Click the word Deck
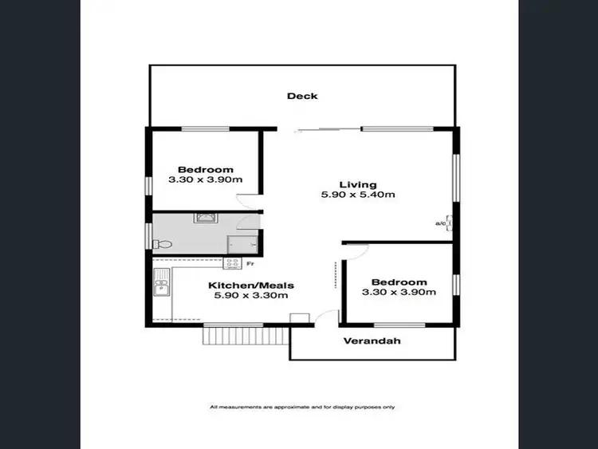point(302,96)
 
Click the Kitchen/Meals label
point(251,285)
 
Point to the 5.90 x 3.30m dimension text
point(251,296)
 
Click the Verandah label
point(372,341)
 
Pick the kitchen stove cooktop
point(233,263)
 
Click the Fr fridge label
point(250,264)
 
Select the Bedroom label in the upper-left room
point(205,169)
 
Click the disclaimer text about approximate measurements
point(301,407)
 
